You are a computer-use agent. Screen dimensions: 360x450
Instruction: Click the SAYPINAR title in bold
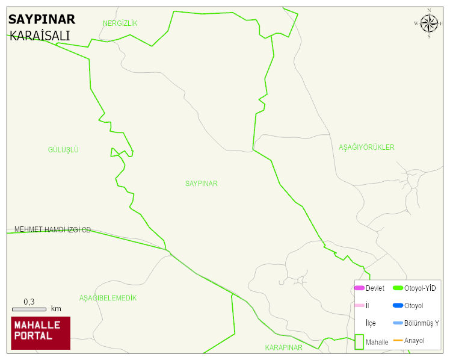point(42,19)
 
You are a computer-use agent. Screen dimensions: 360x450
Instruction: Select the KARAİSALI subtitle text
point(40,36)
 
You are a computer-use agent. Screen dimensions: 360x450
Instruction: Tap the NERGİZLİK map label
point(120,23)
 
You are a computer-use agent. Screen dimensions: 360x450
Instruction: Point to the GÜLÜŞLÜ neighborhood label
point(63,150)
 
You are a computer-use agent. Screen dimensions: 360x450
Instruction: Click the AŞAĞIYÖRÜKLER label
point(366,147)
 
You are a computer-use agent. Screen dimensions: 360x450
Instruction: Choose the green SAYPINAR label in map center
point(202,184)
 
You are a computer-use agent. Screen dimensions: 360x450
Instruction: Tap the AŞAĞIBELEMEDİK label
point(108,298)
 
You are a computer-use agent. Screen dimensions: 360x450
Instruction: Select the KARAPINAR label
point(283,347)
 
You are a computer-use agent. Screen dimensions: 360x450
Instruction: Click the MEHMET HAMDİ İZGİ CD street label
point(52,230)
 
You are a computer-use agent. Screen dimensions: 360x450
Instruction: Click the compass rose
point(429,23)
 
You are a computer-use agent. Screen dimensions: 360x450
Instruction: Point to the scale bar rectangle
point(29,309)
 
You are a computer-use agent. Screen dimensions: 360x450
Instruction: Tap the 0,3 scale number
point(29,302)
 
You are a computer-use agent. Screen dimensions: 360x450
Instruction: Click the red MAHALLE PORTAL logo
point(41,333)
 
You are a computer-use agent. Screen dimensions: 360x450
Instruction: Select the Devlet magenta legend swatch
point(359,288)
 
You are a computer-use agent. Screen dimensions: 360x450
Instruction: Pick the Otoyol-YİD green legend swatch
point(398,288)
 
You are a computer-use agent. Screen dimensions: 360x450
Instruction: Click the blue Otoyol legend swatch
point(398,306)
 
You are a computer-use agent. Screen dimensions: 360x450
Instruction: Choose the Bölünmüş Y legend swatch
point(398,323)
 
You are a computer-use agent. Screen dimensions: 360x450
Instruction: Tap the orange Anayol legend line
point(398,341)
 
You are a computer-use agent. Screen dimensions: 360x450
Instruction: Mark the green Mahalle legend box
point(359,341)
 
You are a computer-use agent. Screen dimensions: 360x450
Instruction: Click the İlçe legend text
point(371,323)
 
